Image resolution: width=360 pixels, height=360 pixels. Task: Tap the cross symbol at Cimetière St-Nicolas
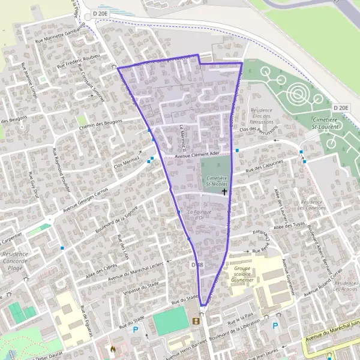coord(224,192)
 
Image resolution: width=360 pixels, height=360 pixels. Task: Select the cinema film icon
coord(196,321)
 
